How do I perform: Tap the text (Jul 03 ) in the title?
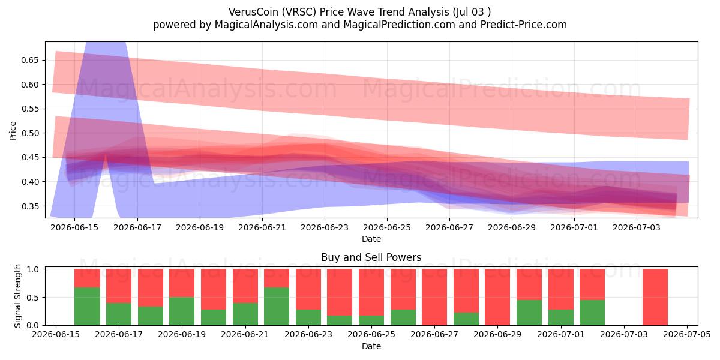click(x=472, y=12)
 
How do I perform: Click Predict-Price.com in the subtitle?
click(x=524, y=25)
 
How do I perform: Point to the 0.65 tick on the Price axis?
click(x=30, y=60)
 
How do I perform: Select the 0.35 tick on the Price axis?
click(x=30, y=206)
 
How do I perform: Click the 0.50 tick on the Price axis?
click(x=30, y=133)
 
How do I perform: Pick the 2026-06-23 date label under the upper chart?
click(x=325, y=227)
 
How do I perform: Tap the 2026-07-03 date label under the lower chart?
click(x=624, y=334)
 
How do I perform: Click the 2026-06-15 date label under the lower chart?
click(x=56, y=334)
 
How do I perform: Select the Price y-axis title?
click(x=13, y=131)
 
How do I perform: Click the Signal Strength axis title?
click(x=17, y=296)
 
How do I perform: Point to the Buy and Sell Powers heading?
click(x=371, y=257)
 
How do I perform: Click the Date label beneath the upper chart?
click(x=371, y=239)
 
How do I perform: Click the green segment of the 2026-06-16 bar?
click(x=87, y=307)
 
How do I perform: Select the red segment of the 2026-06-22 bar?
click(x=277, y=278)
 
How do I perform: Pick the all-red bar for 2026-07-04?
click(x=655, y=297)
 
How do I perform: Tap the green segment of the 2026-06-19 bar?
click(x=182, y=311)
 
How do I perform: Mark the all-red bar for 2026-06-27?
click(x=434, y=297)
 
